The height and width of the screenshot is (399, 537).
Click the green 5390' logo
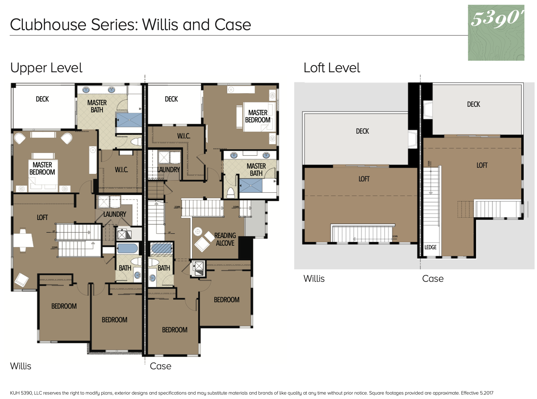pyautogui.click(x=496, y=33)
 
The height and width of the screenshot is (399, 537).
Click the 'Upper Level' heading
pyautogui.click(x=46, y=68)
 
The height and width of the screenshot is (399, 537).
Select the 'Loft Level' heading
pyautogui.click(x=332, y=68)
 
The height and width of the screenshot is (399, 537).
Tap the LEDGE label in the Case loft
pyautogui.click(x=430, y=247)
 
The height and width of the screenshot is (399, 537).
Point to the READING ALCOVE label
pyautogui.click(x=225, y=239)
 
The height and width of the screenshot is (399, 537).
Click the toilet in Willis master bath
pyautogui.click(x=136, y=141)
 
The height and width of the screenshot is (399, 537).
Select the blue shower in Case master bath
pyautogui.click(x=251, y=186)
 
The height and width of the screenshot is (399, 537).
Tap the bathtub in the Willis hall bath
pyautogui.click(x=127, y=248)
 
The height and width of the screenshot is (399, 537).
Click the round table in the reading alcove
pyautogui.click(x=197, y=231)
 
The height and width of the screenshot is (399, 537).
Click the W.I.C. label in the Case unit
pyautogui.click(x=184, y=136)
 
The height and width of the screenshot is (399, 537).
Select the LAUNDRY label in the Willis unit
pyautogui.click(x=115, y=214)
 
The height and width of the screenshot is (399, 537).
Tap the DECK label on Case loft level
pyautogui.click(x=473, y=104)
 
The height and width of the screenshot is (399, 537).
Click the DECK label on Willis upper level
pyautogui.click(x=42, y=99)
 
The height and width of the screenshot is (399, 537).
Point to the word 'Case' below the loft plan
pyautogui.click(x=432, y=279)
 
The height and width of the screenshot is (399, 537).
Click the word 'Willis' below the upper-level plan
pyautogui.click(x=20, y=366)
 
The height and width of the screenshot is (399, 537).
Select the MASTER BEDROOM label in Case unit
pyautogui.click(x=258, y=116)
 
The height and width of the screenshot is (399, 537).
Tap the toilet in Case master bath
pyautogui.click(x=230, y=193)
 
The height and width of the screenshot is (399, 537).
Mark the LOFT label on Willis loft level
pyautogui.click(x=364, y=179)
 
